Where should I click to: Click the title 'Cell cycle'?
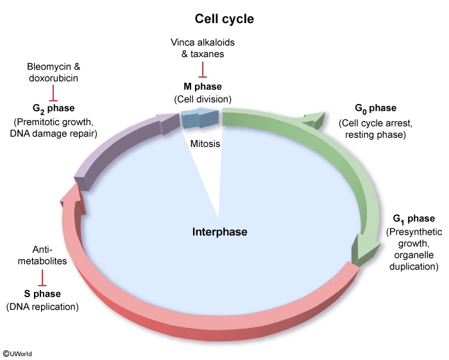[224, 19]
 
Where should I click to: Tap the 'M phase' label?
[203, 85]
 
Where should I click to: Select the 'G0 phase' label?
[375, 108]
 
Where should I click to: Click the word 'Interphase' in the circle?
[219, 232]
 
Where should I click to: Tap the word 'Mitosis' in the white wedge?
[205, 144]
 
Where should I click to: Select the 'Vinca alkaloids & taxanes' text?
[203, 47]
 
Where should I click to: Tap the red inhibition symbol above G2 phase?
[53, 94]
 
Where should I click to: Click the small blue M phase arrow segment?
[199, 119]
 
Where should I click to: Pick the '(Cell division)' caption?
[203, 99]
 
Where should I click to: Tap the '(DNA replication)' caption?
[42, 307]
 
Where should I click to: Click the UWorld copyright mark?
[17, 353]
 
